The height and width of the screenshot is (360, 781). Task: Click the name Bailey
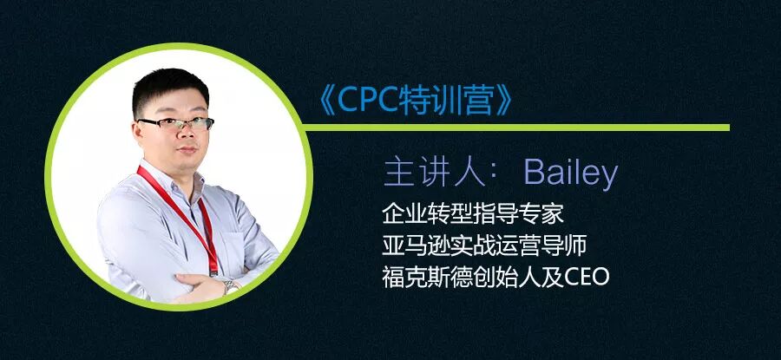[x=571, y=173]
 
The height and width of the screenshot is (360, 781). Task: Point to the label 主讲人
[x=435, y=173]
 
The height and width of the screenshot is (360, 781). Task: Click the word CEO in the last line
[x=587, y=278]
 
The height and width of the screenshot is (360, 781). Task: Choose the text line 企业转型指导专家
[x=473, y=214]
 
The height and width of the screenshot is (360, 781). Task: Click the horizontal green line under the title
[x=516, y=128]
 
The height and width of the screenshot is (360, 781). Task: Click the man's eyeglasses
[x=176, y=123]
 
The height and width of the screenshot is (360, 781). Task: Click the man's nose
[x=187, y=134]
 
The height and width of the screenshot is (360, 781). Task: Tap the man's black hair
[x=169, y=89]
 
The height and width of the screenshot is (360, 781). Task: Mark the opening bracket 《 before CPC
[x=326, y=101]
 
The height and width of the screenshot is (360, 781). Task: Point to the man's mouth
[x=187, y=150]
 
